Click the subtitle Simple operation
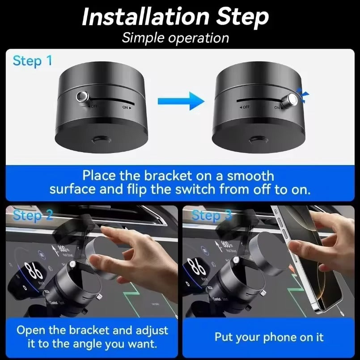click(x=175, y=38)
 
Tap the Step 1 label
click(x=32, y=61)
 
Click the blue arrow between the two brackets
click(x=190, y=101)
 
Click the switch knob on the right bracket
click(x=293, y=99)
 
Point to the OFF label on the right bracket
click(x=245, y=108)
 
